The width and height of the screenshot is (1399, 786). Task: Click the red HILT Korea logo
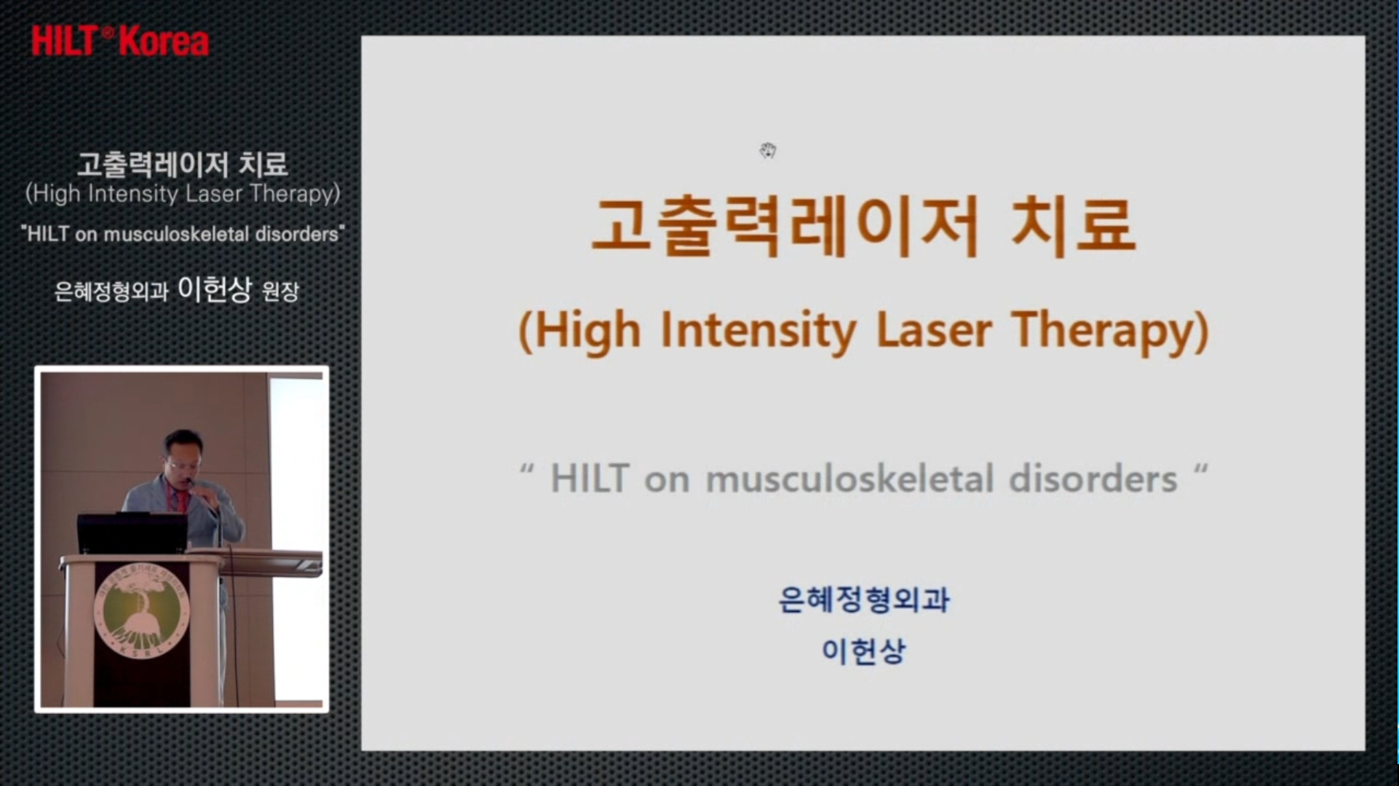click(x=120, y=41)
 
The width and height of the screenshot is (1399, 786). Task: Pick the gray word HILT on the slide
click(x=590, y=479)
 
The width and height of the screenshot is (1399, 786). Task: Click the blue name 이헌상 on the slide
click(x=863, y=651)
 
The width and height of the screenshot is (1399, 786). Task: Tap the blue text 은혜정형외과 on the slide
click(x=864, y=600)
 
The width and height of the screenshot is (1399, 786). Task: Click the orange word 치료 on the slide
click(x=1074, y=226)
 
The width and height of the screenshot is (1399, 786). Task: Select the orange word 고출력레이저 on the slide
click(x=784, y=226)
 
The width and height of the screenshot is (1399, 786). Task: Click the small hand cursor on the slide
click(x=768, y=151)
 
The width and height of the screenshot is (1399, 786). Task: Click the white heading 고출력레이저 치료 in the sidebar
click(x=183, y=164)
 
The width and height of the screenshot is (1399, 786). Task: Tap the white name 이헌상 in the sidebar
click(x=215, y=290)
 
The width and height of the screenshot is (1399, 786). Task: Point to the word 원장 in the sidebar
click(x=280, y=292)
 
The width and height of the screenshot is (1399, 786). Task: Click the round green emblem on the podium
click(x=142, y=613)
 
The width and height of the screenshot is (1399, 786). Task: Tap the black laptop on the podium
click(x=132, y=532)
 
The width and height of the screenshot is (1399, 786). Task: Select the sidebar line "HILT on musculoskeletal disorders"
click(x=183, y=234)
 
